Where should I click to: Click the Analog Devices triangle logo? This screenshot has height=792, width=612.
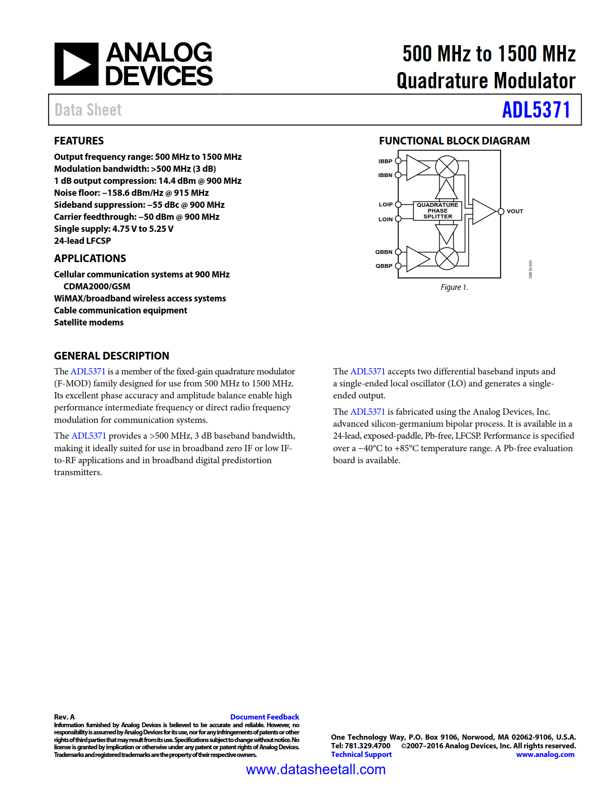(x=76, y=64)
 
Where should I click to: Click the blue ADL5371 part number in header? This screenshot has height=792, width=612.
(x=536, y=110)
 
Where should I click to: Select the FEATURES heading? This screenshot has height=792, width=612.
(x=79, y=141)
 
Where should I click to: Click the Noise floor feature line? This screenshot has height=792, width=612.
(x=131, y=193)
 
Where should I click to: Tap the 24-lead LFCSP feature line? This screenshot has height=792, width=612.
(x=82, y=241)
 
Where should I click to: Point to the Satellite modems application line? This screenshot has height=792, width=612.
(x=89, y=323)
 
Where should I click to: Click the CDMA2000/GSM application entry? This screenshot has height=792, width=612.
(x=96, y=287)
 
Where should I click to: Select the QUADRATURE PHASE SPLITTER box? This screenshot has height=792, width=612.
(x=437, y=211)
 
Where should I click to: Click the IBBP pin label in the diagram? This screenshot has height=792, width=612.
(x=385, y=161)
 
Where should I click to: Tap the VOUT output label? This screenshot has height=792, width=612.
(x=515, y=211)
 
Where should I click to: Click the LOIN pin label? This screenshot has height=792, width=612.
(x=385, y=219)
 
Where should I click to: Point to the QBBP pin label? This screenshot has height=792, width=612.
(x=384, y=266)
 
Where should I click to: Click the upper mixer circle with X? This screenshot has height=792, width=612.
(x=446, y=167)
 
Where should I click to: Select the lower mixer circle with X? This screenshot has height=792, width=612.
(x=446, y=258)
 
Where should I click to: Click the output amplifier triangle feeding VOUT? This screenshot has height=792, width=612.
(x=482, y=211)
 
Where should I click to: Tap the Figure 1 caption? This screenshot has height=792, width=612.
(x=454, y=288)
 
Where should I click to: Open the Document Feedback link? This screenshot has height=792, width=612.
(x=264, y=717)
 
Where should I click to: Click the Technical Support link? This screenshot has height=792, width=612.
(x=361, y=755)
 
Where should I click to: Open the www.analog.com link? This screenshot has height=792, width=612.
(x=545, y=755)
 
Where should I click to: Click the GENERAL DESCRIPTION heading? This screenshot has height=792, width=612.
(x=111, y=356)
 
